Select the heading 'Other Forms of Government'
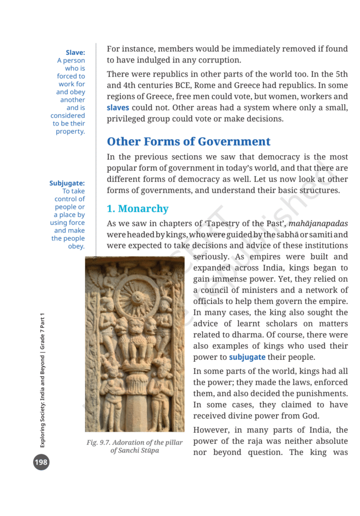(189, 142)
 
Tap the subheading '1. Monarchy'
(138, 209)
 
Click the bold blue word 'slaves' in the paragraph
(117, 108)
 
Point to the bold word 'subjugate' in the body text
(247, 357)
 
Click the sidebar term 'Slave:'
(75, 52)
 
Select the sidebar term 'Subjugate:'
(67, 183)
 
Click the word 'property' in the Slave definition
(70, 132)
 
